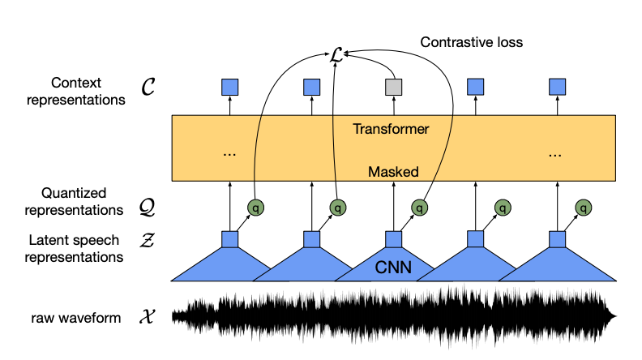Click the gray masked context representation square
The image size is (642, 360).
(393, 85)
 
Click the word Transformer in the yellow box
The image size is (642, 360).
(392, 129)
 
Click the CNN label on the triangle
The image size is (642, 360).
(394, 265)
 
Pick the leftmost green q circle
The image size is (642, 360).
(255, 208)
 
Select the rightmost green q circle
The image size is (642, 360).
(583, 208)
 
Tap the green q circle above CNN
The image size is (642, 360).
(419, 208)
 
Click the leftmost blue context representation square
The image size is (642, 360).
(229, 85)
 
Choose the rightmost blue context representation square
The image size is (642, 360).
(557, 85)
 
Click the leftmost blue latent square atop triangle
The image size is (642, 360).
(229, 239)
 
